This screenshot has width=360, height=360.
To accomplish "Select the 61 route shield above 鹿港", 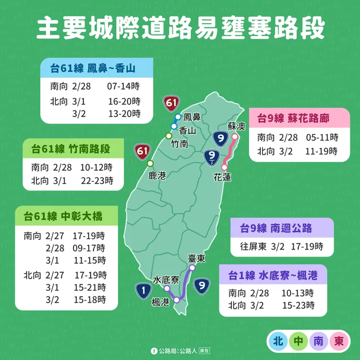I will [x=142, y=151].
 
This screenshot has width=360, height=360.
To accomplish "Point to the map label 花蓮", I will [x=222, y=178].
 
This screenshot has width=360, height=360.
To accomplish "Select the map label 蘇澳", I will [x=236, y=126].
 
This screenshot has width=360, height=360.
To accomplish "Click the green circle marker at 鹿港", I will [x=150, y=163].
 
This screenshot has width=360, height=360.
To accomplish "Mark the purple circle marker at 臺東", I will [x=192, y=267].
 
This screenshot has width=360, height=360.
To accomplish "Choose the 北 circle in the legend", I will [x=277, y=341].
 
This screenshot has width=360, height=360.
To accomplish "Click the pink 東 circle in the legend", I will [x=339, y=341].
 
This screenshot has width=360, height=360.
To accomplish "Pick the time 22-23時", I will [x=97, y=180].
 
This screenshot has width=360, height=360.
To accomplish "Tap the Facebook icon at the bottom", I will [x=154, y=351].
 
